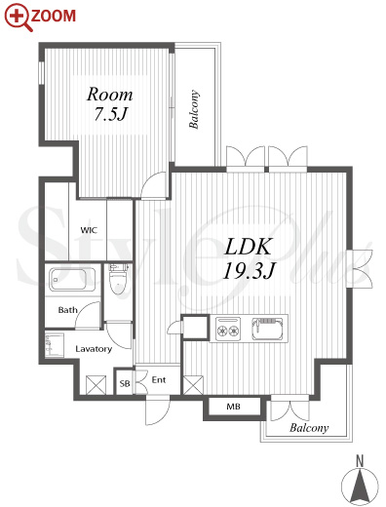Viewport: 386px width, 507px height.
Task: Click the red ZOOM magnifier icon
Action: (18, 17)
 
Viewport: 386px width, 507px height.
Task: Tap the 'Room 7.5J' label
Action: (110, 104)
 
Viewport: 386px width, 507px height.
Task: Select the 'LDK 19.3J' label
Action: (249, 258)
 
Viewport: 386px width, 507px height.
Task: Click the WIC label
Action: (89, 230)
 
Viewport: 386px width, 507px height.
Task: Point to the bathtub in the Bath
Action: (72, 279)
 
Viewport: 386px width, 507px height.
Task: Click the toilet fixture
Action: (117, 280)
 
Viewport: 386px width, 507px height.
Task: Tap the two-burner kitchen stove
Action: (229, 329)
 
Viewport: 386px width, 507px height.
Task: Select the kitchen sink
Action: (267, 329)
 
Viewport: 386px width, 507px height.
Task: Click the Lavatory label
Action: (94, 349)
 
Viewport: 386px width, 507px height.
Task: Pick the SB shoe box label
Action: (125, 384)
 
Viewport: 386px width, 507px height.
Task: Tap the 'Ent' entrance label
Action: (159, 379)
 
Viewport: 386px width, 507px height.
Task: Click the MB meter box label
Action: (234, 407)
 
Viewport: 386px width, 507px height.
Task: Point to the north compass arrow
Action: (360, 487)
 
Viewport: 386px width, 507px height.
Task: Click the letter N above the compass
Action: (360, 461)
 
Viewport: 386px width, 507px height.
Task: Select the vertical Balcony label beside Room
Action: (194, 109)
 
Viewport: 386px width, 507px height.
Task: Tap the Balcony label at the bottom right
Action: (309, 428)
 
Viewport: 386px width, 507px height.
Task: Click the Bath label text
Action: (68, 310)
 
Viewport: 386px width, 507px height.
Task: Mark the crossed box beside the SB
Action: (96, 385)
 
